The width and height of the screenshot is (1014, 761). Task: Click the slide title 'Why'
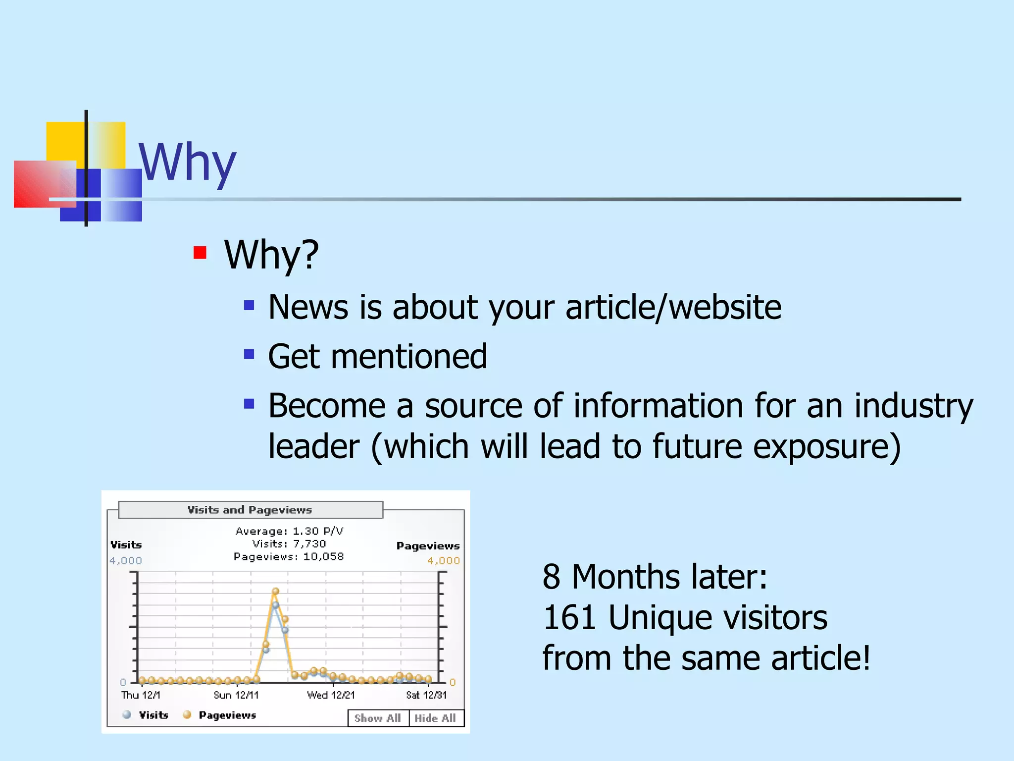pos(187,163)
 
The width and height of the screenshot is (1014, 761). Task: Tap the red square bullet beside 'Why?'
pos(200,253)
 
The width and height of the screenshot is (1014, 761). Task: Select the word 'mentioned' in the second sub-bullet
pos(409,357)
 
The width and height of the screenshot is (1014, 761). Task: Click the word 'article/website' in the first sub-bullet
pos(673,307)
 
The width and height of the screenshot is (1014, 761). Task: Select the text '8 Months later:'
pos(655,577)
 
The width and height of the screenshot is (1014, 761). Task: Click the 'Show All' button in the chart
pos(378,718)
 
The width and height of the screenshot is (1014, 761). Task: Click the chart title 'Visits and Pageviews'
pos(250,510)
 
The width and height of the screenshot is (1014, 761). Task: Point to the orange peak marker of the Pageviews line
pos(276,591)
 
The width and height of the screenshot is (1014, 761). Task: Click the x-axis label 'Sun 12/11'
pos(236,695)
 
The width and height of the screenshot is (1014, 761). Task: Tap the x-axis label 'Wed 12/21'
pos(331,695)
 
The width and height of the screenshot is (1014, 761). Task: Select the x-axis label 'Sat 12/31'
pos(426,695)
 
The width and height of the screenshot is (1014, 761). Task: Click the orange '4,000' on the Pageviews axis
pos(443,561)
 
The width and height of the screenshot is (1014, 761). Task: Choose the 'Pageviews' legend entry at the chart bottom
pos(227,715)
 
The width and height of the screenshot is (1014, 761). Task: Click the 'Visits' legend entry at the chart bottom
pos(153,715)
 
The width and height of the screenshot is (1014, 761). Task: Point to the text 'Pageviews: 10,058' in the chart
pos(289,556)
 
